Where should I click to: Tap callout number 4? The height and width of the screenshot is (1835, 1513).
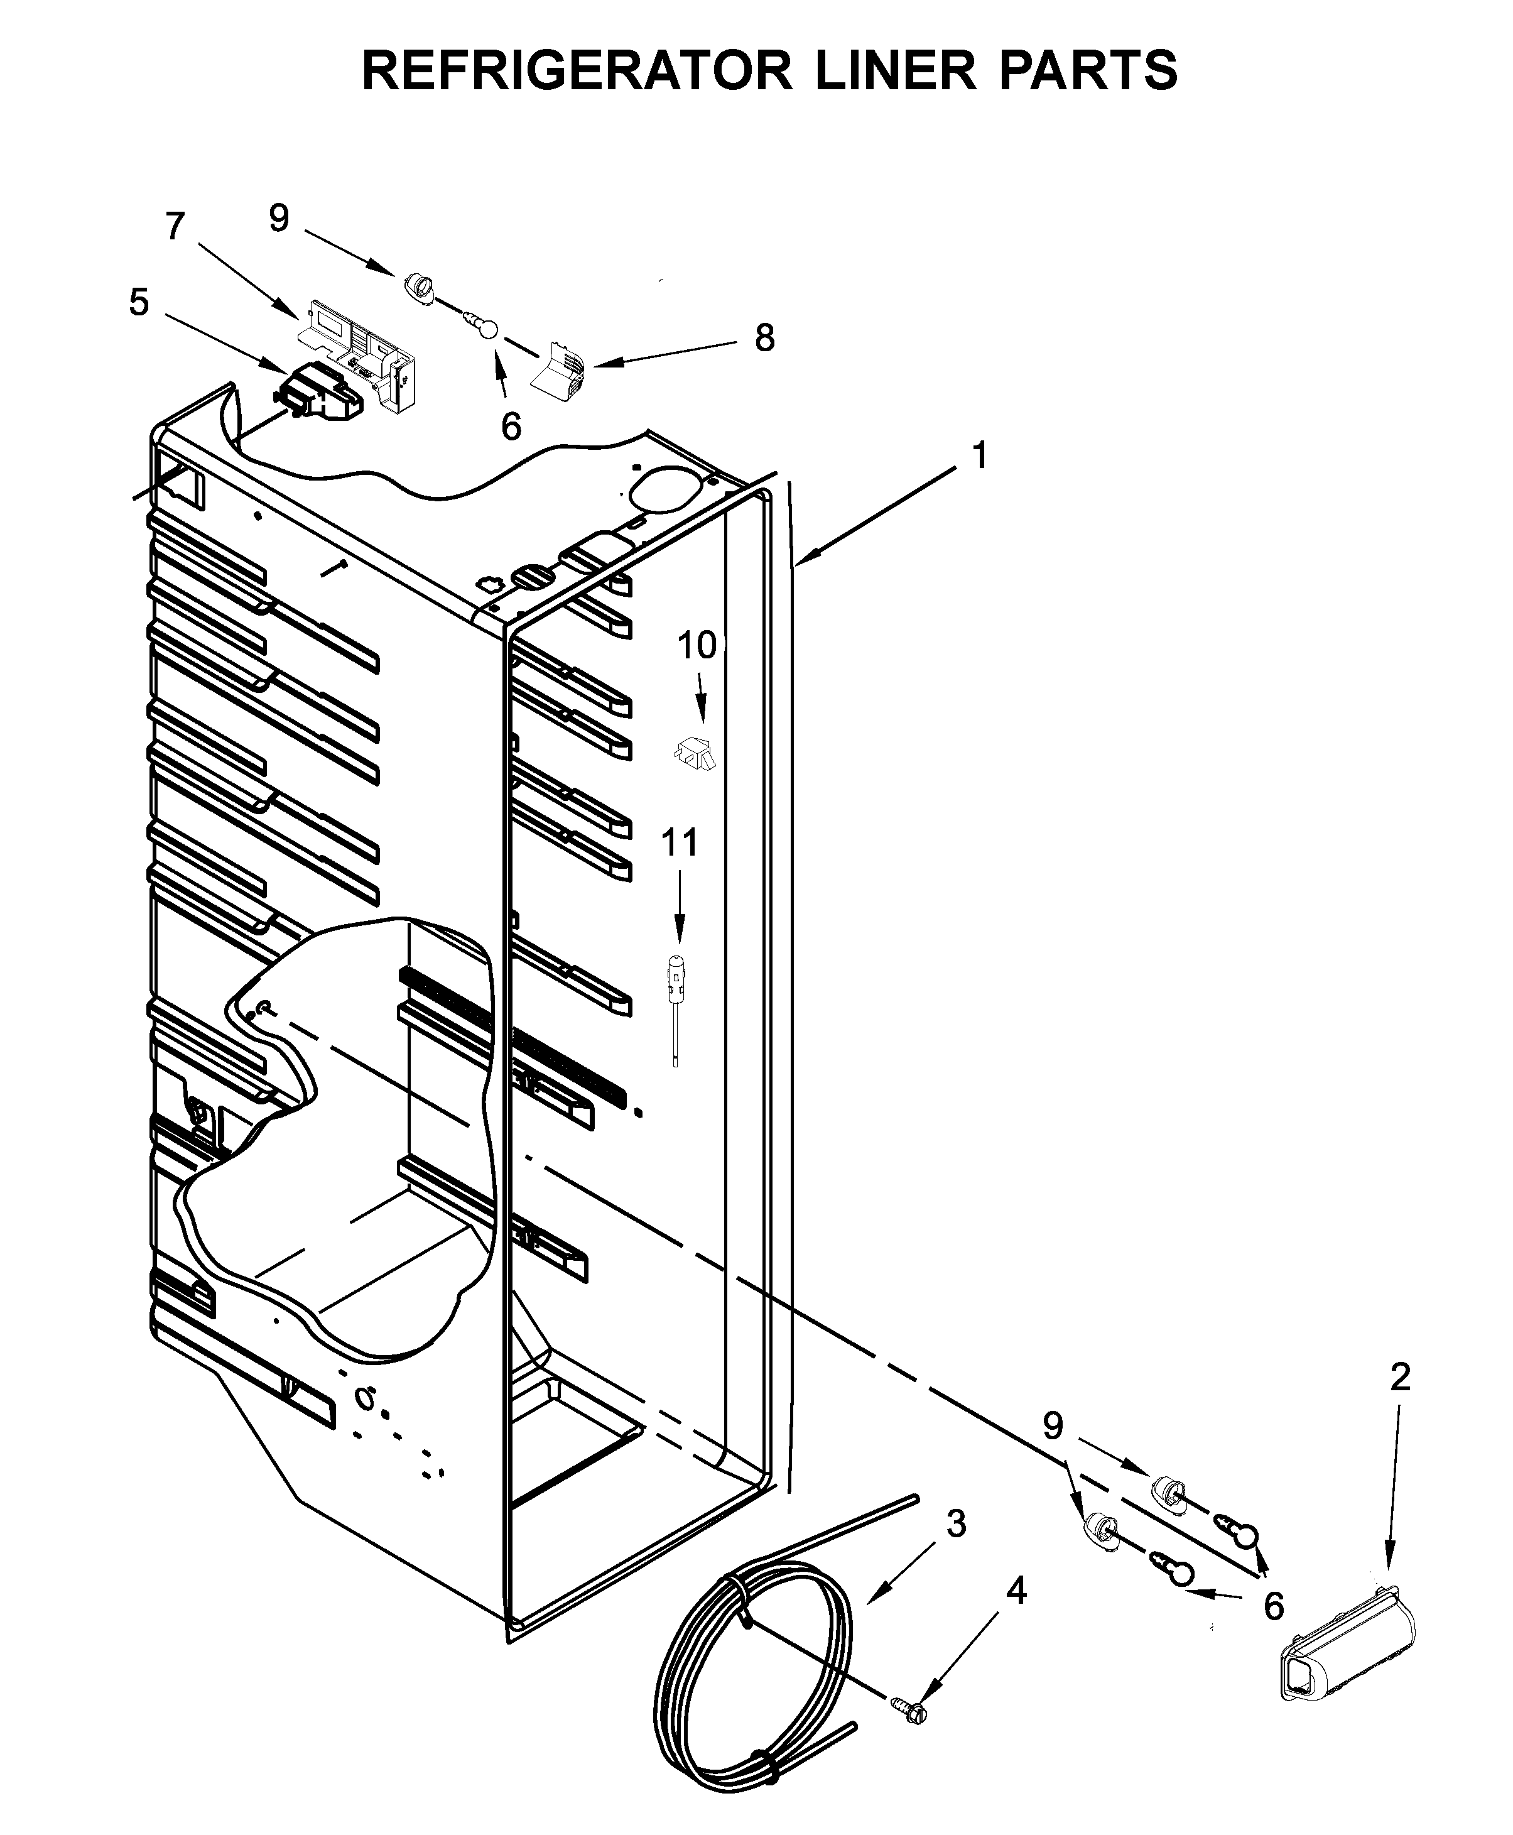point(1016,1593)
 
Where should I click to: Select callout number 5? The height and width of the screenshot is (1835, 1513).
point(139,303)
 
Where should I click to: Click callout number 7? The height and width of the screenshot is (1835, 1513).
point(175,227)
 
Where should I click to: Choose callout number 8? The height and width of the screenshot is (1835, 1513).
point(764,338)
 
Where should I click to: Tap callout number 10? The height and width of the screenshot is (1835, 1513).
point(697,646)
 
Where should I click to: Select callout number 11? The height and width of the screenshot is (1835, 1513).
point(680,843)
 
